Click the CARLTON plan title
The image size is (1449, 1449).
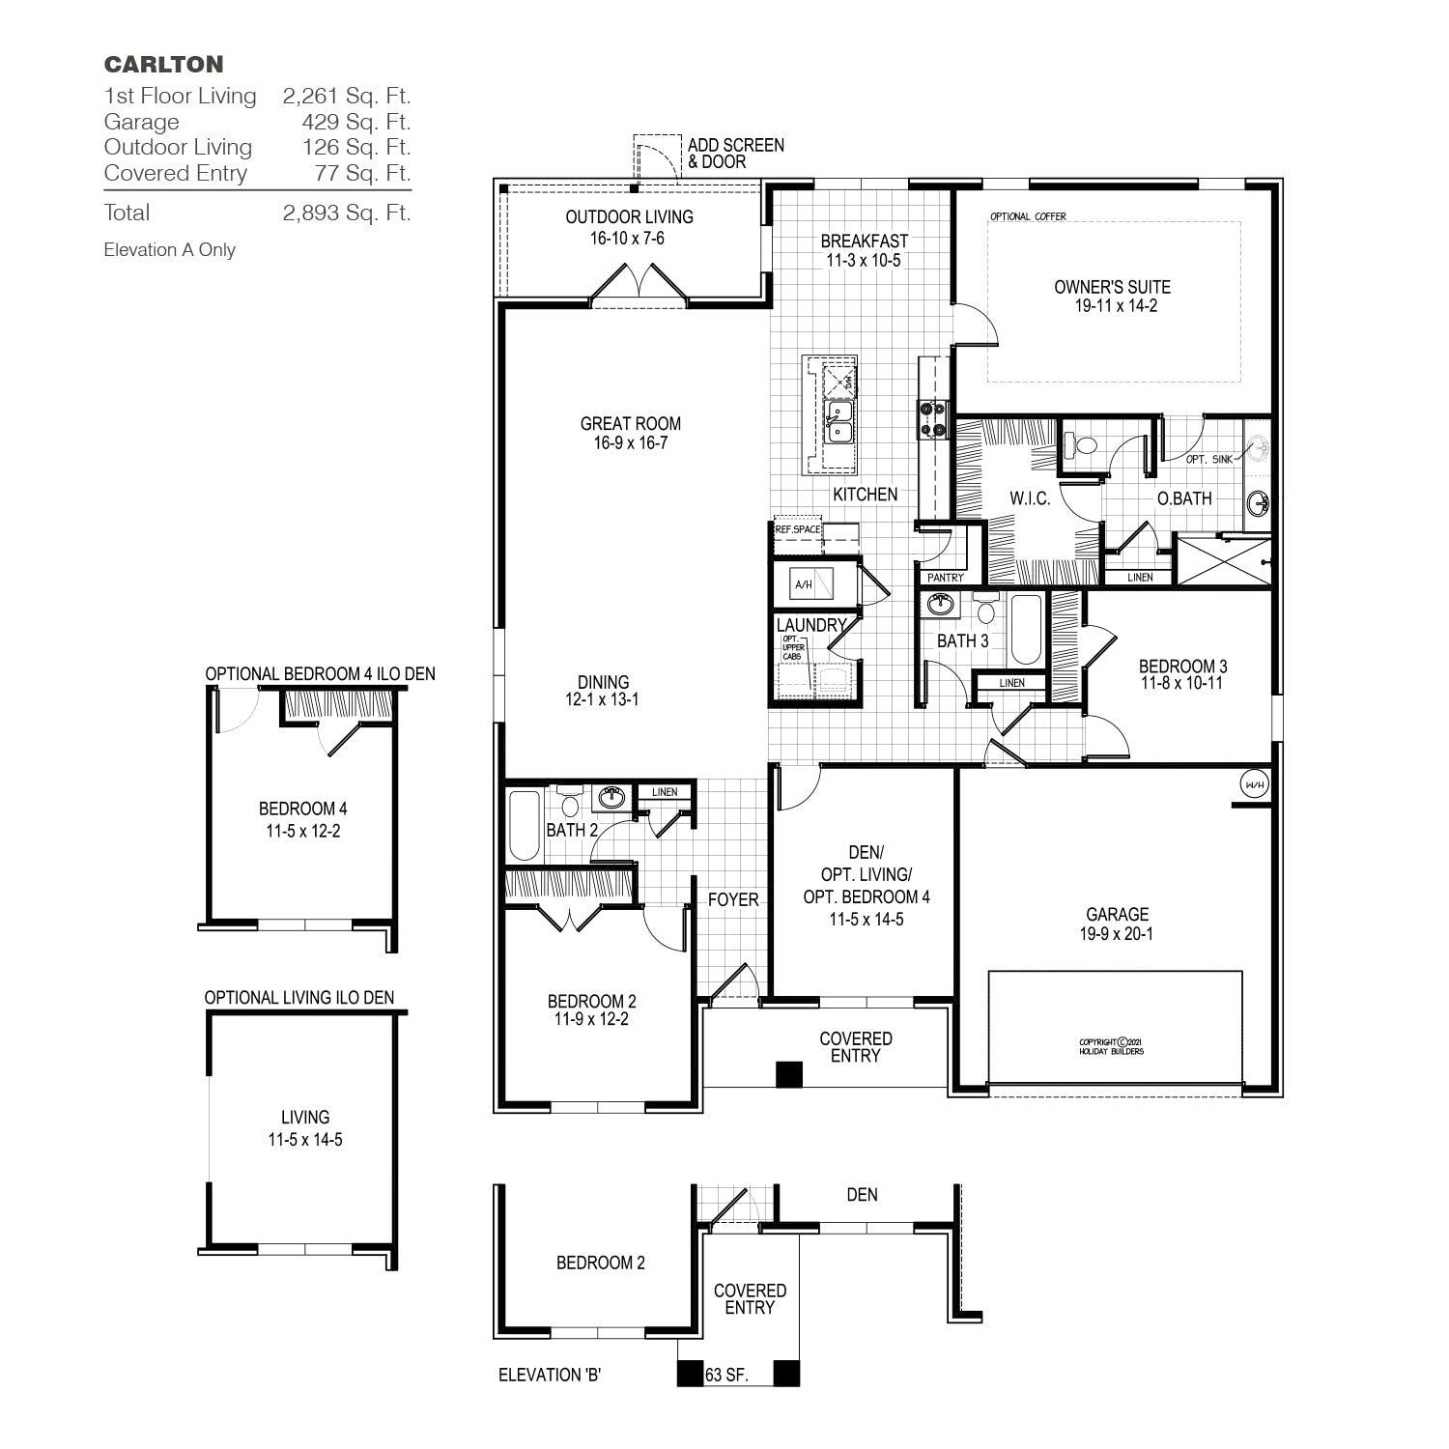pyautogui.click(x=163, y=65)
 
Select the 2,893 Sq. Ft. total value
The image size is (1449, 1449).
pyautogui.click(x=347, y=213)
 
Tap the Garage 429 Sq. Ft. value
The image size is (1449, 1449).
pyautogui.click(x=355, y=122)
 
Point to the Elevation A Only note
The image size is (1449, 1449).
pyautogui.click(x=169, y=250)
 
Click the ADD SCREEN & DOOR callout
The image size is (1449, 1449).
pyautogui.click(x=735, y=153)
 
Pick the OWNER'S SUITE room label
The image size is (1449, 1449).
pyautogui.click(x=1112, y=287)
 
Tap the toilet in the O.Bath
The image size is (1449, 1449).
pyautogui.click(x=1081, y=445)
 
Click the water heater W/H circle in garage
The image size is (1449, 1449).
pyautogui.click(x=1253, y=784)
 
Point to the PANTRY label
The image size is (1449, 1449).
pyautogui.click(x=945, y=578)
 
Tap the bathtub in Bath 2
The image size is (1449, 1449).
pyautogui.click(x=525, y=825)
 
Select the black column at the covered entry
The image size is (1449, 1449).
pyautogui.click(x=789, y=1073)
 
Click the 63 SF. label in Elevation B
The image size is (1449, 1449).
pyautogui.click(x=726, y=1375)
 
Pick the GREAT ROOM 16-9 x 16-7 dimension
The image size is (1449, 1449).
pyautogui.click(x=631, y=443)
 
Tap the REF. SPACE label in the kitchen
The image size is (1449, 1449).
pyautogui.click(x=797, y=529)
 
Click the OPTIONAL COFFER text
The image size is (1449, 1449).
pyautogui.click(x=1028, y=216)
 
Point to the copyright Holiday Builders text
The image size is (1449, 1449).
pyautogui.click(x=1111, y=1046)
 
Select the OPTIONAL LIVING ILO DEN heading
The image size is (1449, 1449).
pyautogui.click(x=299, y=997)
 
